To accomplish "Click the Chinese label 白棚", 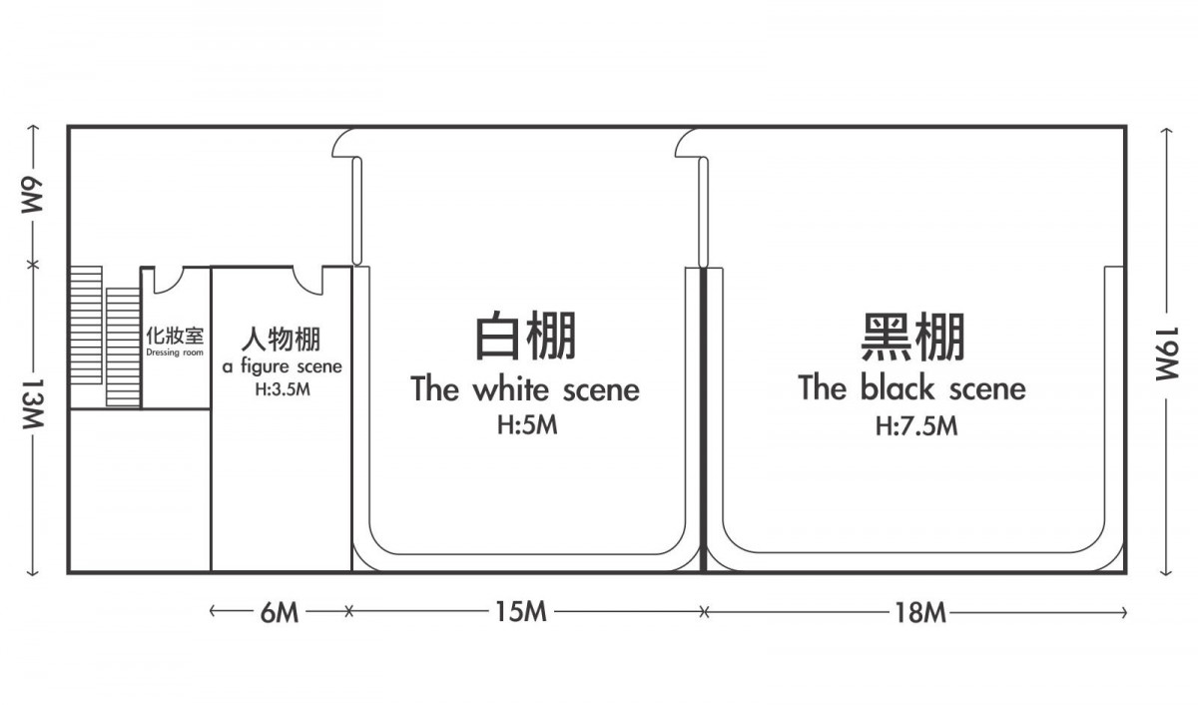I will (x=526, y=336).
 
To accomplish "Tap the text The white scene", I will (x=525, y=388).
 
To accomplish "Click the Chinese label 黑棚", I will (x=912, y=336).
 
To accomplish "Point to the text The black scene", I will (x=911, y=387).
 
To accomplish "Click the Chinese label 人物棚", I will (x=281, y=340).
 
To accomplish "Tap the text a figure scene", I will (x=282, y=366).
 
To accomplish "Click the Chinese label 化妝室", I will (x=175, y=337).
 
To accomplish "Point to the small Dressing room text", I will (x=175, y=352).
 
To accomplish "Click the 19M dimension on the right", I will (x=1166, y=353).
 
